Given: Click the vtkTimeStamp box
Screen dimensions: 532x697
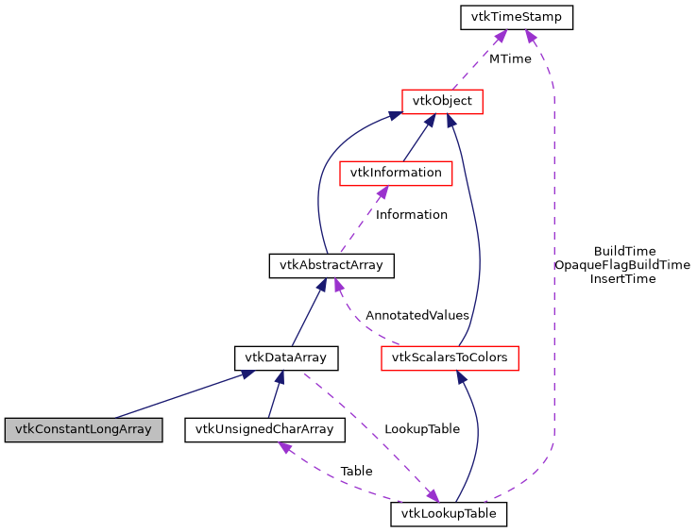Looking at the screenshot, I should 516,17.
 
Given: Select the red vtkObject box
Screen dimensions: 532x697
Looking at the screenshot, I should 442,101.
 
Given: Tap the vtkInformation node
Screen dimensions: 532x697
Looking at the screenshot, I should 396,173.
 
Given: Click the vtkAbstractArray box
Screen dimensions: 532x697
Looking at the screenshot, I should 331,265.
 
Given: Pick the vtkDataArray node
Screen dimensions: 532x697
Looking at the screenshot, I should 286,357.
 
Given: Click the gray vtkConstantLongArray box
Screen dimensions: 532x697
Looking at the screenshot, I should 83,430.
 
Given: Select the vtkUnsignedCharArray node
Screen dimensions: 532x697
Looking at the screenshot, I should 264,430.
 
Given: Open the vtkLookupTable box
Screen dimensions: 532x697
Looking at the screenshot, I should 449,514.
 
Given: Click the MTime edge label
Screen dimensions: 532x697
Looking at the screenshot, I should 509,58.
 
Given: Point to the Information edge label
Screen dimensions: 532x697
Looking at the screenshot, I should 411,214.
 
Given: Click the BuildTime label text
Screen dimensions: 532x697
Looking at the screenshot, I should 624,251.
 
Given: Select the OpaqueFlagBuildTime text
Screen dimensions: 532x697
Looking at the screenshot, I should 622,265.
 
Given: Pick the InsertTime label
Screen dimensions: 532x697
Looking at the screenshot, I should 622,279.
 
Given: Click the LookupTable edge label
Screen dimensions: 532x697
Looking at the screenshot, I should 421,428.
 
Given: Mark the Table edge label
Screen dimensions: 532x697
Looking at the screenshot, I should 356,470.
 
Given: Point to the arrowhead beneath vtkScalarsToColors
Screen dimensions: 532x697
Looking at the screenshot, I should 462,376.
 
